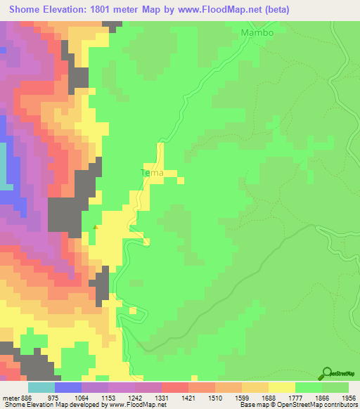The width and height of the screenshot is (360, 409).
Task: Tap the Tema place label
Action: pos(152,172)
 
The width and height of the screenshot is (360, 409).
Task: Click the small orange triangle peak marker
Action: pos(96,226)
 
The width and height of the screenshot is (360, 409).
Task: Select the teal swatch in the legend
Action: pos(41,387)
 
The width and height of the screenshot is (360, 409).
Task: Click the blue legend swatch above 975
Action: pos(67,387)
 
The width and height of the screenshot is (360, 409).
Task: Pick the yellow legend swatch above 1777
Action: pos(282,387)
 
